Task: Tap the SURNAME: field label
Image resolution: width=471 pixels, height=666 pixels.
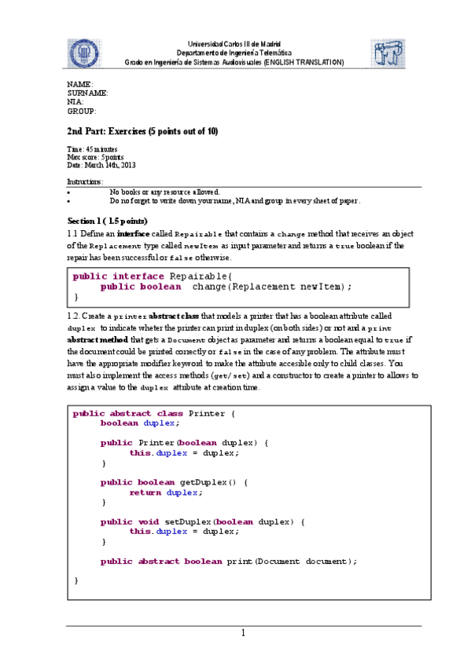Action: coord(87,93)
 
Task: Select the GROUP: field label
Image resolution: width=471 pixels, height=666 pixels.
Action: coord(82,112)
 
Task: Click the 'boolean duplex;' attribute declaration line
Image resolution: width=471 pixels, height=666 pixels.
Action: coord(140,423)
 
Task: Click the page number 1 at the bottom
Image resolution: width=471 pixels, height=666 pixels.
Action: coord(244,633)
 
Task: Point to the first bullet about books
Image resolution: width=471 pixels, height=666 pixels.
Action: coord(164,192)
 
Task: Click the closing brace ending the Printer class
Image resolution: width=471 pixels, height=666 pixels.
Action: coord(76,580)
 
